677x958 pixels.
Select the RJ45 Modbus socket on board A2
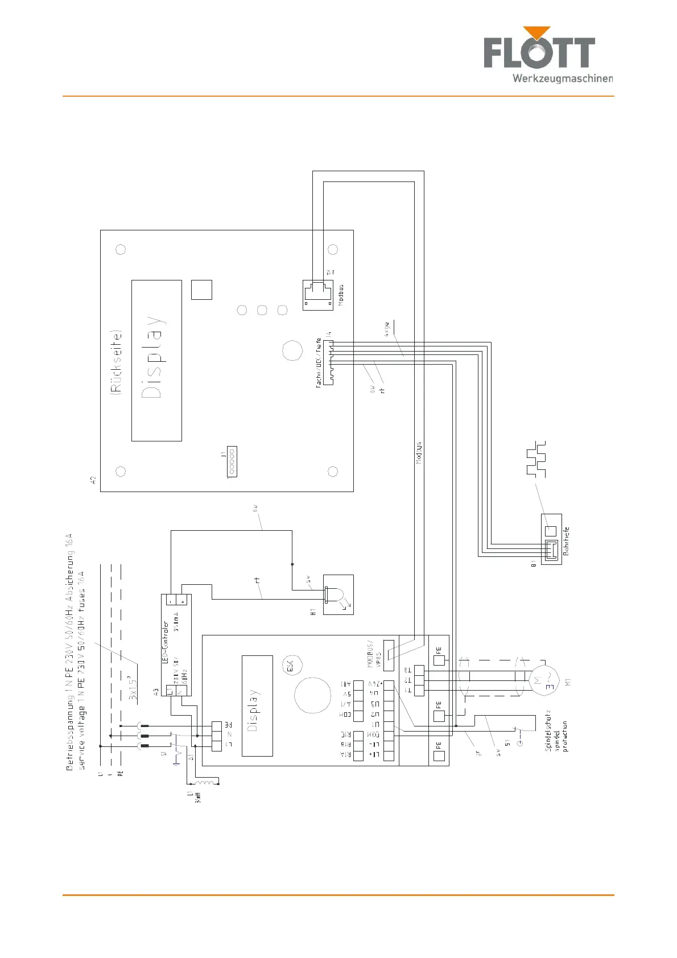click(318, 295)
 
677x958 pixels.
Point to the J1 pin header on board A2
click(232, 461)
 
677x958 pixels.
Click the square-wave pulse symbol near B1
click(536, 458)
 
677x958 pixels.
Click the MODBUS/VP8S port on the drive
click(389, 656)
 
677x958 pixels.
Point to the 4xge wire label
click(387, 329)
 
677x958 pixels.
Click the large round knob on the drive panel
click(312, 695)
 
